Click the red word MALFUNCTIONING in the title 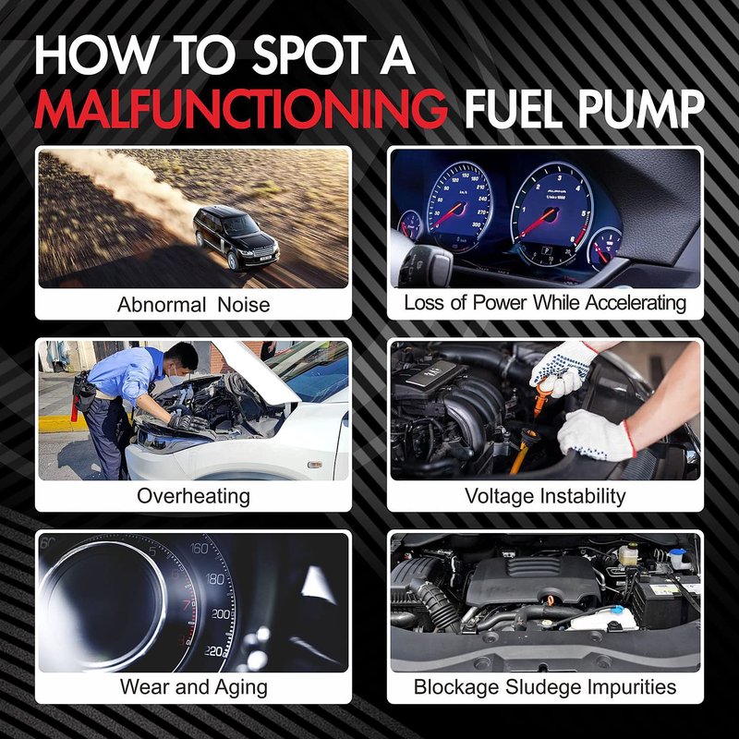click(241, 108)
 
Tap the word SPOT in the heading click(309, 55)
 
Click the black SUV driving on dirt click(236, 237)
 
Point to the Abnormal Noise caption click(194, 305)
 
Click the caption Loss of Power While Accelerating click(545, 303)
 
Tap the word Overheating click(193, 496)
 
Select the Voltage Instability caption click(545, 496)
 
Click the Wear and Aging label click(194, 686)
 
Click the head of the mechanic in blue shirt click(181, 359)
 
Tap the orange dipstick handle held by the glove click(542, 395)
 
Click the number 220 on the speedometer click(214, 651)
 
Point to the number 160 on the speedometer click(199, 548)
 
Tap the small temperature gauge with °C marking click(605, 248)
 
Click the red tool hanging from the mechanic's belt click(74, 408)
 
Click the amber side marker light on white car click(314, 465)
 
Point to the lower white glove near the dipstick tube click(596, 434)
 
